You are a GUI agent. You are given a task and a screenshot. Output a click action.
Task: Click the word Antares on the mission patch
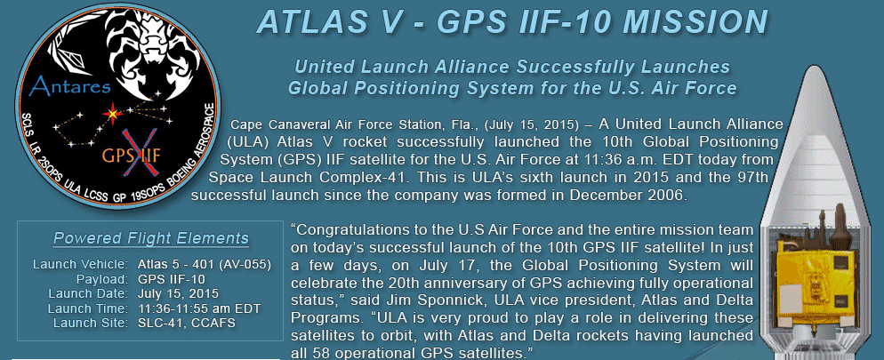click(71, 85)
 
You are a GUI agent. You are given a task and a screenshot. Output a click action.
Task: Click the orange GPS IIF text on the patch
click(132, 155)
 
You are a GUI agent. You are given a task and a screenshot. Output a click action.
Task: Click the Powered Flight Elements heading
click(151, 238)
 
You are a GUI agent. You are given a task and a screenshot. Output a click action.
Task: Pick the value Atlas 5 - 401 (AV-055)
click(204, 264)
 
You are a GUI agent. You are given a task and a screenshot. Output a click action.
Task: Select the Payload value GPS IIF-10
click(172, 279)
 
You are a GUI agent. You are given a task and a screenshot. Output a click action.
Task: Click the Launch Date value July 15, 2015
click(178, 293)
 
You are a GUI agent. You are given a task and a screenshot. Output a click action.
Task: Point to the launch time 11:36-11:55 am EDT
click(198, 308)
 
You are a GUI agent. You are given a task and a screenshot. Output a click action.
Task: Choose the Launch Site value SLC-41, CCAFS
click(187, 323)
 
